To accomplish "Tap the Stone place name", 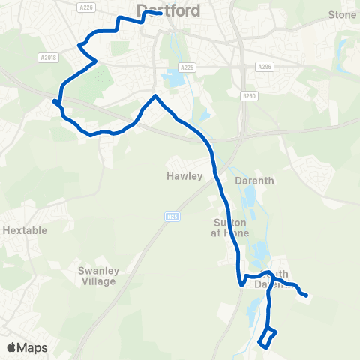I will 342,14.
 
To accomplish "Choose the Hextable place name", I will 24,230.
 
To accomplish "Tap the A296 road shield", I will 263,67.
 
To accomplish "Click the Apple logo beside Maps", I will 12,347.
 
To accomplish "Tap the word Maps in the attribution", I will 33,347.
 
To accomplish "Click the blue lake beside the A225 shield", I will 174,77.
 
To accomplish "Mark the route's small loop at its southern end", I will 268,337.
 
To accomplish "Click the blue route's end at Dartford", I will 161,13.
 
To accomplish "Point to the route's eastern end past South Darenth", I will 307,295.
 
